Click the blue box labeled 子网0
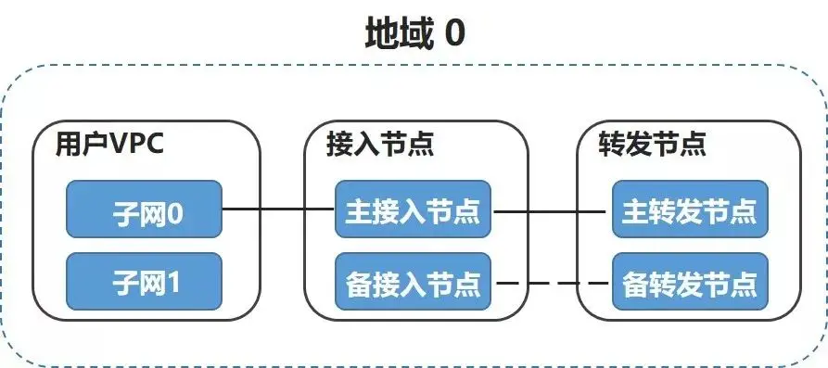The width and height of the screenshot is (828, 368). pos(144,210)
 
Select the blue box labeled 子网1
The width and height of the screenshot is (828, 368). pos(144,281)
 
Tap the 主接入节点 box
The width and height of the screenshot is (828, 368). pos(413,210)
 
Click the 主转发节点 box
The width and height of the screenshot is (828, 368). pos(690,210)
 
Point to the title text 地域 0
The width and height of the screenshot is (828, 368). pos(413,34)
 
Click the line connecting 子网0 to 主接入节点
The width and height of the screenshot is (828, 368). pos(278,210)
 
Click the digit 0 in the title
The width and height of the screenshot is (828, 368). pos(454,34)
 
